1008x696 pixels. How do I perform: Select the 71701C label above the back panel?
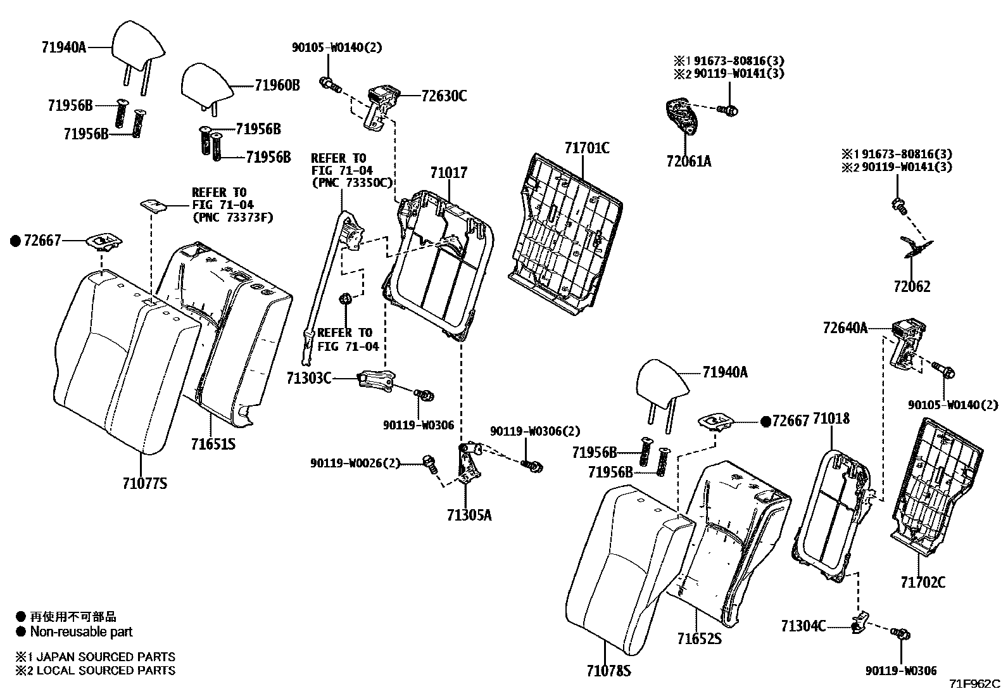point(587,148)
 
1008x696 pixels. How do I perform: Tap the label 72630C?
point(444,96)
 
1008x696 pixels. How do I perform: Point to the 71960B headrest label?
point(277,85)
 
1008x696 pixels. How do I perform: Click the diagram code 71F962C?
point(974,685)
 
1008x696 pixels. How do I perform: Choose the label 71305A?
point(469,515)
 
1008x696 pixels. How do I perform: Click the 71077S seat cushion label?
point(145,484)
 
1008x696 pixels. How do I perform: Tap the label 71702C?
point(923,582)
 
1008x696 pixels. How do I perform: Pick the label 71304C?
point(803,626)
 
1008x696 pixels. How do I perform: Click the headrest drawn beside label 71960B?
point(207,84)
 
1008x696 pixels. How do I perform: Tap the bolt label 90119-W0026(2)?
point(355,463)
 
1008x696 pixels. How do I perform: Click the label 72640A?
point(845,328)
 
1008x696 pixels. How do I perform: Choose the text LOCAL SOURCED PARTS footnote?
point(106,670)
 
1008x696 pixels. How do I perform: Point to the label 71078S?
point(608,671)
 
